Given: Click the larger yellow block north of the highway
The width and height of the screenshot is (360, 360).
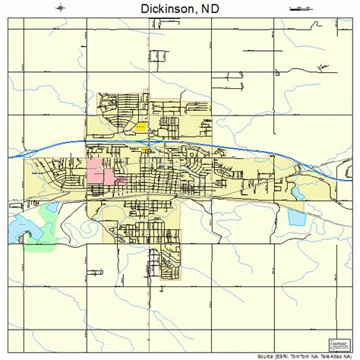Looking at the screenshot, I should point(140,128).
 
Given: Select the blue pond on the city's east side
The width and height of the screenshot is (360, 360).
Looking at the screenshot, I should point(297,219).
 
